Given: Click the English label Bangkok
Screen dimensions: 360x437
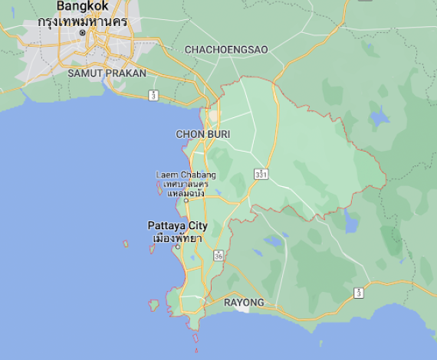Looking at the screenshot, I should [x=83, y=5].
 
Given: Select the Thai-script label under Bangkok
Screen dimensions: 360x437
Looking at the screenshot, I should [x=82, y=21].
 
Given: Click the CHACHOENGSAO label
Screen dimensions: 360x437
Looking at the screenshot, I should [x=226, y=49].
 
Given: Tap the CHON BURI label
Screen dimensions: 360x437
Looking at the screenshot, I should [x=203, y=134].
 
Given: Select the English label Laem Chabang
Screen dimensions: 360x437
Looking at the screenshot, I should [x=186, y=175].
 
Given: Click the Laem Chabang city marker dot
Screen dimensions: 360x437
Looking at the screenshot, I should [x=186, y=201].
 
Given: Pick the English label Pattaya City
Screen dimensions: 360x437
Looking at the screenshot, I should [x=177, y=226].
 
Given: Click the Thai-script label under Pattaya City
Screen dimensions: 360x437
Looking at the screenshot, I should [x=177, y=238].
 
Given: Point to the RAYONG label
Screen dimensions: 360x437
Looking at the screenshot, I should [x=244, y=303].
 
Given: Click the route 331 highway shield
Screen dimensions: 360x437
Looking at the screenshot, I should [x=262, y=175].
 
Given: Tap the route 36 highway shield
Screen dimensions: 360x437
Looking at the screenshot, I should [x=219, y=255].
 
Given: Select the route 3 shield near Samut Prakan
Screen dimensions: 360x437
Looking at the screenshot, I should [x=153, y=95].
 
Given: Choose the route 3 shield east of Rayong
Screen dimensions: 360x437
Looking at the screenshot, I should [x=359, y=293].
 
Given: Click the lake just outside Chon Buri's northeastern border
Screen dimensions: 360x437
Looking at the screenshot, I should [x=378, y=118].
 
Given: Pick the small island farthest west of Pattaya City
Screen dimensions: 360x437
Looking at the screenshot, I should [x=126, y=244].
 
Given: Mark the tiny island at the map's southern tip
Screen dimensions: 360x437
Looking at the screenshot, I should [x=195, y=338].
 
